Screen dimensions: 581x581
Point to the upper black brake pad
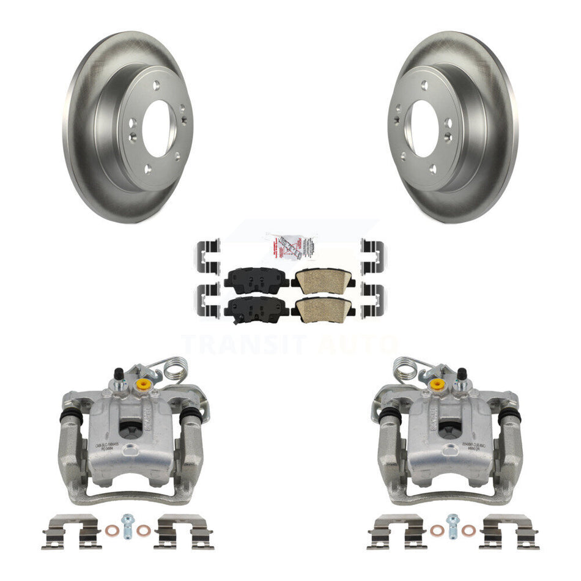(x=256, y=278)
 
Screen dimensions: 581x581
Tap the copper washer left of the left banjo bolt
(x=111, y=530)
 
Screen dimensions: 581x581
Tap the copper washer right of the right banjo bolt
(x=469, y=530)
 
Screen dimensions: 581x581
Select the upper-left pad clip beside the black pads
(x=208, y=254)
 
